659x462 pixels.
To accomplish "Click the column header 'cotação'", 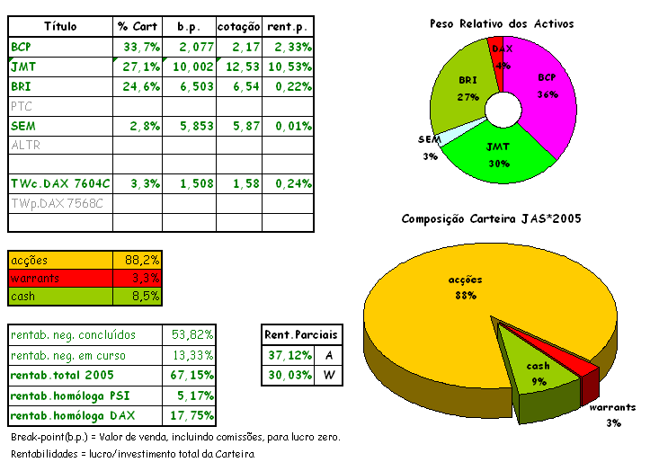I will [239, 26].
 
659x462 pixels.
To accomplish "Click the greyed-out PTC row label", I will [22, 106].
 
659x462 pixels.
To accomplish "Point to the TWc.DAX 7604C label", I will [60, 183].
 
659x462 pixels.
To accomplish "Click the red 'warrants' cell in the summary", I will [59, 278].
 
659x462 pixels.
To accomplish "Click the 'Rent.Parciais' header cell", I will [292, 334].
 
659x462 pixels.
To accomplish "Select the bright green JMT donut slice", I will [499, 153].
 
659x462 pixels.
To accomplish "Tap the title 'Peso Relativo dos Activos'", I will [501, 23].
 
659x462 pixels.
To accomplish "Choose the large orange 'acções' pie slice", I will [450, 297].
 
